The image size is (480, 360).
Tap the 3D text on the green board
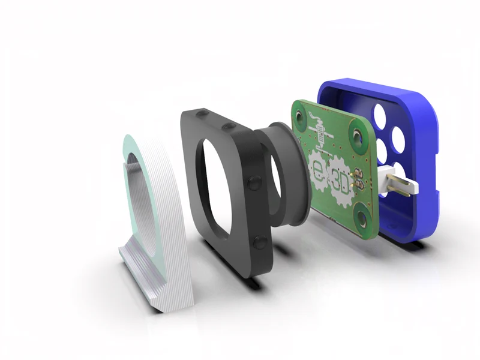[x=341, y=183]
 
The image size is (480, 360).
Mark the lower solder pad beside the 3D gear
[x=358, y=184]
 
